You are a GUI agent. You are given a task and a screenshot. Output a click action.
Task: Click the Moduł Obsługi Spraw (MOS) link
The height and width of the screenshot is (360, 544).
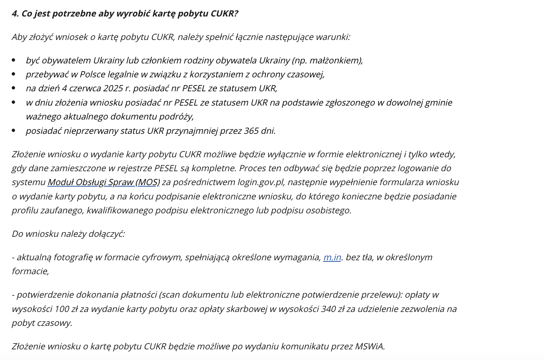point(104,182)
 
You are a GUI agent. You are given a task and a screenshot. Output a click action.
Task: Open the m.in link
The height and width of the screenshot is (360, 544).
point(332,257)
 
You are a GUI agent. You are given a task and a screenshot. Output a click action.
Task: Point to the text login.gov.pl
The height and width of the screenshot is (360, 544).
point(261,182)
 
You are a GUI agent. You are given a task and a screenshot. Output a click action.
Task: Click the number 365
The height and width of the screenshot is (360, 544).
point(251,131)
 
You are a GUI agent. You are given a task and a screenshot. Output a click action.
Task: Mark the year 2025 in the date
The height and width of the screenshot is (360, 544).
point(113,88)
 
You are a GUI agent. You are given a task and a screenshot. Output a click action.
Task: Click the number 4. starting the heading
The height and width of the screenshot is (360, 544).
point(15,14)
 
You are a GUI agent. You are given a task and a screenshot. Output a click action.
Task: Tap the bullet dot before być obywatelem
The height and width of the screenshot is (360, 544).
point(14,60)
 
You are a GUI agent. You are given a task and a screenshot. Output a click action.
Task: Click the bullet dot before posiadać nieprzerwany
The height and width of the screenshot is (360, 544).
point(14,131)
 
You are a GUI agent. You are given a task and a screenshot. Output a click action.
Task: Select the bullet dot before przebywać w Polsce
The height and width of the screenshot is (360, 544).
point(14,74)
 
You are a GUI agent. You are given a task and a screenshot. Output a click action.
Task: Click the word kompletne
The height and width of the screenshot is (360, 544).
point(218,168)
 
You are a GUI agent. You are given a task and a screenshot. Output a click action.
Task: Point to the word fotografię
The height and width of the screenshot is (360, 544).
point(73,257)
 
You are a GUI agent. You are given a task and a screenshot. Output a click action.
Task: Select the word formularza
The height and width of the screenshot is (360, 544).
point(400,182)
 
